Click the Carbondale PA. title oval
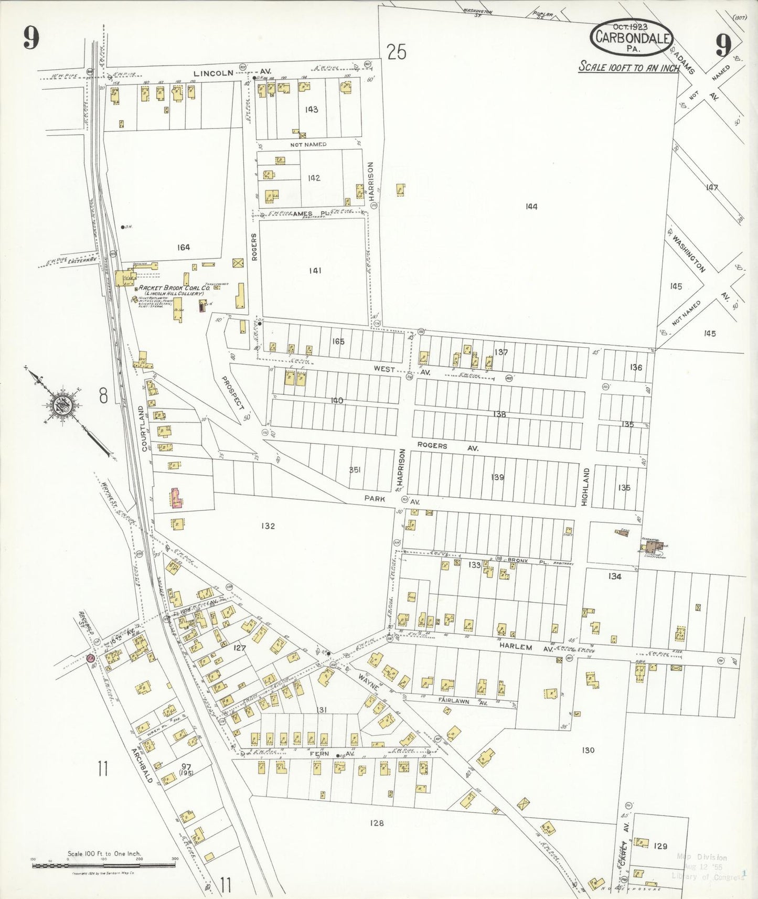[632, 38]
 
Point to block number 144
[531, 207]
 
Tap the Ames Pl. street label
[303, 213]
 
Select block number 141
[315, 271]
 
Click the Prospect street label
[232, 393]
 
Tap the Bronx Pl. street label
[520, 560]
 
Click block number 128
[376, 823]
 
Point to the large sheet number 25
[397, 52]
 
